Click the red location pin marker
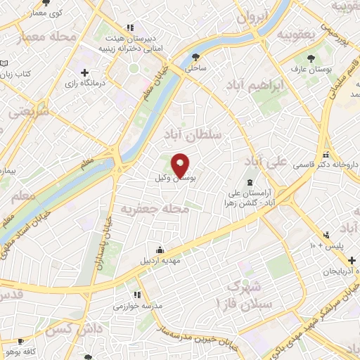tap(181, 165)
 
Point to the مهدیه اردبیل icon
tap(161, 248)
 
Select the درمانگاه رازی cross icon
tap(84, 72)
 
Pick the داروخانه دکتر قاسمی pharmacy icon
tap(325, 154)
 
